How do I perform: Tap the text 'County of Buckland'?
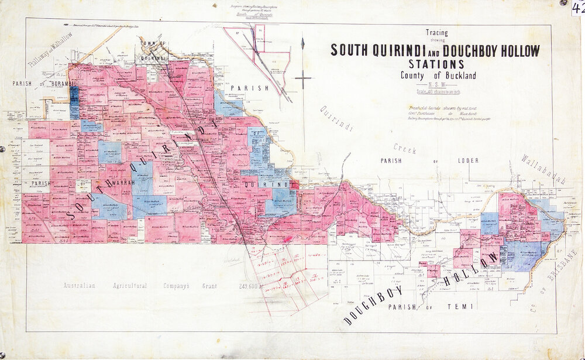[438, 76]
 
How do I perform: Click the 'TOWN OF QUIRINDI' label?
[153, 50]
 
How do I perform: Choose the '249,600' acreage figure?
[249, 286]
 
